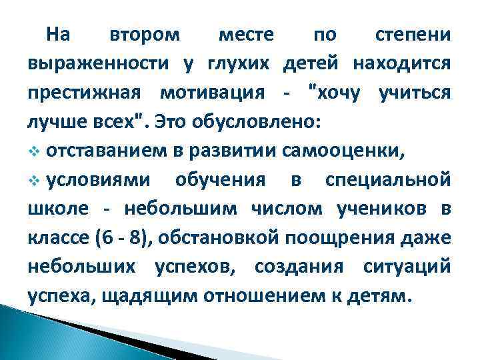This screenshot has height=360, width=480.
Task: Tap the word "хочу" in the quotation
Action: click(x=336, y=94)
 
